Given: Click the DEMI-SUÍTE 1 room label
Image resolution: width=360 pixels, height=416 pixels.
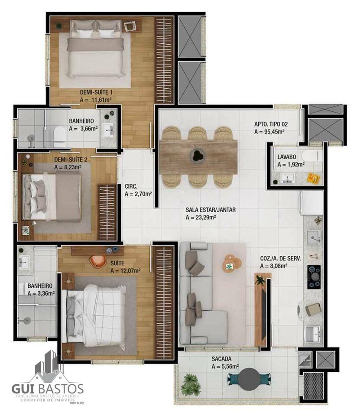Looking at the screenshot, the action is (x=96, y=92).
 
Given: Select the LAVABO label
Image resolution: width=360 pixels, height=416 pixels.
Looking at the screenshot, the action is (x=286, y=157).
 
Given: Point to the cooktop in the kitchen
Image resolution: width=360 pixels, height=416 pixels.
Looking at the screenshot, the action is (x=314, y=277).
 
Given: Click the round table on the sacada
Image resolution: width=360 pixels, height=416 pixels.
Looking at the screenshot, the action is (x=249, y=379).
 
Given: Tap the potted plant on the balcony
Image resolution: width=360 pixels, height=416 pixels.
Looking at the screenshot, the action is (x=190, y=384).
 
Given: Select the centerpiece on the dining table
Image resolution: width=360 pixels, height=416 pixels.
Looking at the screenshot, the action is (x=197, y=155).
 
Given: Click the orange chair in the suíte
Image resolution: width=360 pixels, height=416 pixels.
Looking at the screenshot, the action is (x=97, y=260).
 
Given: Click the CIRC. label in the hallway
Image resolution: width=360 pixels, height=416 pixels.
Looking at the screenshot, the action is (x=131, y=186).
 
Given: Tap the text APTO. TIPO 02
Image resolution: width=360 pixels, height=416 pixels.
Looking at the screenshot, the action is (x=271, y=124).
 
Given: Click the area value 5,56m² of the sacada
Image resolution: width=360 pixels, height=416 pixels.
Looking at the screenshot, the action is (x=225, y=367).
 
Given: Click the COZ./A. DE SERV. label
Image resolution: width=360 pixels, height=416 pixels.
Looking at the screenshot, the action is (x=280, y=258).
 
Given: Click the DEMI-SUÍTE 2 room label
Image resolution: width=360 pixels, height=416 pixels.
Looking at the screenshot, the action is (x=71, y=160).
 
